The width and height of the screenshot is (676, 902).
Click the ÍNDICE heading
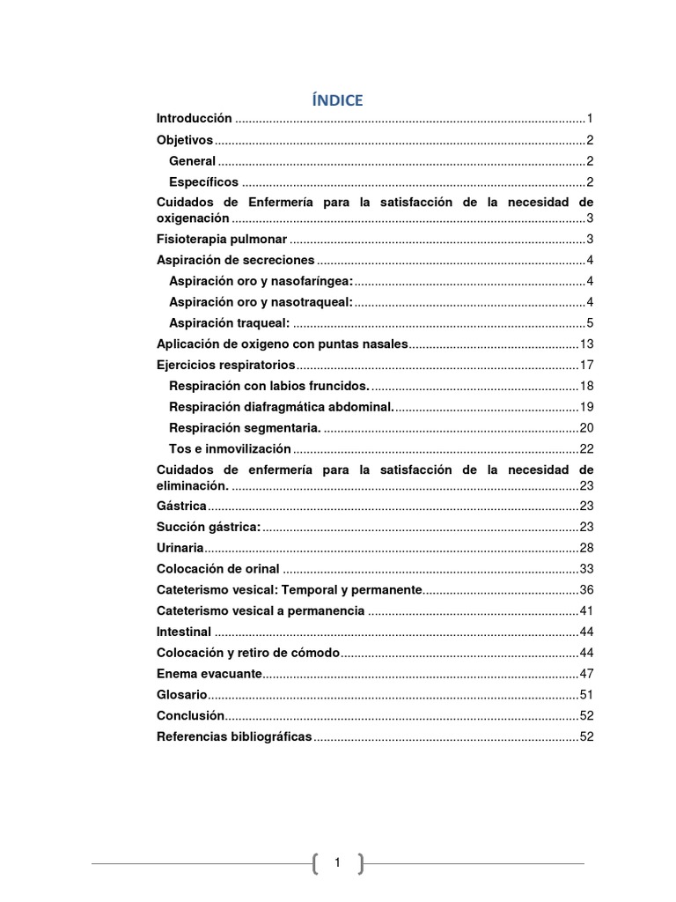(x=337, y=100)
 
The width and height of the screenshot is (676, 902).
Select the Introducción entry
(x=195, y=118)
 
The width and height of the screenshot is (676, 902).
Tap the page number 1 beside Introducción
(x=590, y=118)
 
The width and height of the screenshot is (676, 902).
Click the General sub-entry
(x=192, y=160)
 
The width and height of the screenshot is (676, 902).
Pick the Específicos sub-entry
(x=203, y=181)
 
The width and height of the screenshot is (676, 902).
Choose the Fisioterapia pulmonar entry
(x=221, y=240)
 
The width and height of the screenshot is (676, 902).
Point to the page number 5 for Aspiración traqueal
(x=590, y=322)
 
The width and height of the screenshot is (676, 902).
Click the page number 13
(x=586, y=344)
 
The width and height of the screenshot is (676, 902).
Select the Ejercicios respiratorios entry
(x=226, y=365)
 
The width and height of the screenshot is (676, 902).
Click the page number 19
(x=586, y=407)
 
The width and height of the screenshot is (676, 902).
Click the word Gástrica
(x=181, y=506)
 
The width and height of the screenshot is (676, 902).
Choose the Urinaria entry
(x=180, y=548)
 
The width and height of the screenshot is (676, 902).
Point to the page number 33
(x=586, y=569)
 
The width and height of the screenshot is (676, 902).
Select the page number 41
(x=586, y=610)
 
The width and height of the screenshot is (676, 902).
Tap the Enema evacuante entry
(x=209, y=673)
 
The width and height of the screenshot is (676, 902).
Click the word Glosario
(x=180, y=694)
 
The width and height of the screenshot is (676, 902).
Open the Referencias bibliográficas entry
(x=233, y=736)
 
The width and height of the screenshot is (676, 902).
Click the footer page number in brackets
(x=337, y=864)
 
